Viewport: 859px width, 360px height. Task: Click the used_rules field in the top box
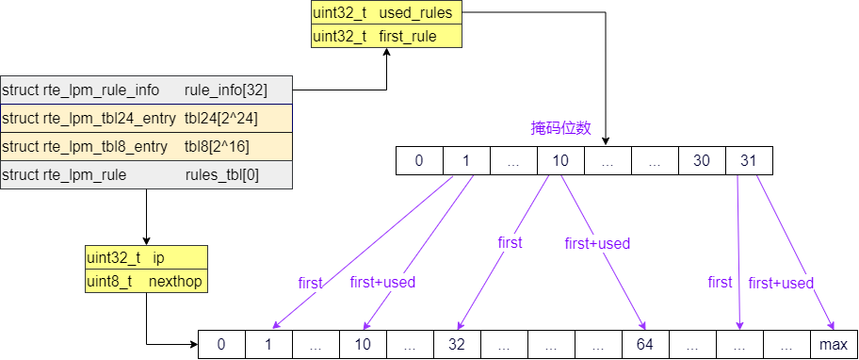(386, 13)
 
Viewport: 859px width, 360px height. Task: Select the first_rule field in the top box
(386, 36)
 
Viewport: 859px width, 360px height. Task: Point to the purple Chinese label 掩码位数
(560, 128)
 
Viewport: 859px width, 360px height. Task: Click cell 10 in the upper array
(560, 161)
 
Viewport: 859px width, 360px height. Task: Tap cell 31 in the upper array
(749, 161)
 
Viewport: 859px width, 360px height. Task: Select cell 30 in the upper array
(702, 161)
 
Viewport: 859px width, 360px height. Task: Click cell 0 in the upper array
(419, 161)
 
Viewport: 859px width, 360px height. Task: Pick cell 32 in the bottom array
(457, 345)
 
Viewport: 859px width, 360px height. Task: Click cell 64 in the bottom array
(645, 345)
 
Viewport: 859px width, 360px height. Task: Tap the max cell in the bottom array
(834, 345)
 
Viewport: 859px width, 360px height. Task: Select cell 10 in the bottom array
(363, 345)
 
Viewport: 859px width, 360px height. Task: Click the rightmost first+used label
(781, 283)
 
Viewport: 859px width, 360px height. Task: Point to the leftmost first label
(310, 283)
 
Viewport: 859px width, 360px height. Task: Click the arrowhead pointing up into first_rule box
(386, 54)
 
